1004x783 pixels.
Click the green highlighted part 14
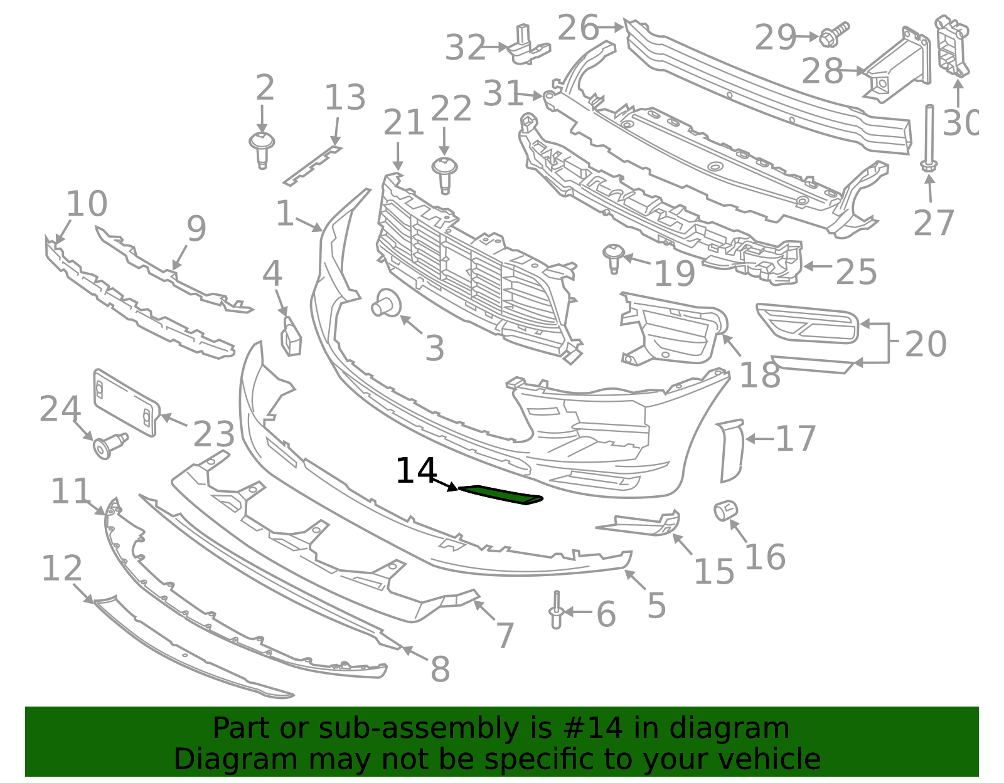click(x=501, y=495)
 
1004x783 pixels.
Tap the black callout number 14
click(x=416, y=471)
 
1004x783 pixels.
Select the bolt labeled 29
click(x=834, y=34)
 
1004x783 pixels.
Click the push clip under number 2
click(x=262, y=150)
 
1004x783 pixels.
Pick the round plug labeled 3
click(x=387, y=303)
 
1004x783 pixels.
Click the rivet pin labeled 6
click(x=557, y=609)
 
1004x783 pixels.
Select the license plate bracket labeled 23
click(x=126, y=402)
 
